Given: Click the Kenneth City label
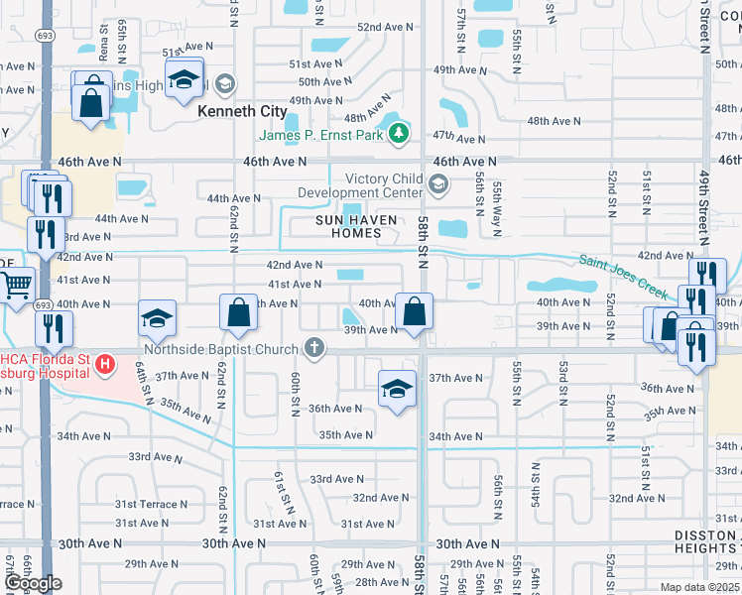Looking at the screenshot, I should (x=242, y=111).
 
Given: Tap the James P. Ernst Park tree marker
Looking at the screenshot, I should (x=399, y=133).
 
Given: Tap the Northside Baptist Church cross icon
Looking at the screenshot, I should (x=313, y=347).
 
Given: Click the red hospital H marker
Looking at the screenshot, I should (x=105, y=364).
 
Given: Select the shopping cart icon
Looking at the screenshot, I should (x=18, y=286).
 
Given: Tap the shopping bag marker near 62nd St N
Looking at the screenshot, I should (x=239, y=313).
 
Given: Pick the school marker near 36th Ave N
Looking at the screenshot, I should (x=397, y=389).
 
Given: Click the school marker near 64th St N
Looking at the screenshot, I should (x=158, y=318).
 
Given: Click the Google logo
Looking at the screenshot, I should (x=32, y=583).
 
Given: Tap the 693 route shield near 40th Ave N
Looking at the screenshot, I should (x=45, y=305).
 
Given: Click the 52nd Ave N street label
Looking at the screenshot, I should (x=384, y=28).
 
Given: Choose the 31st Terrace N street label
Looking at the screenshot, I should (x=14, y=504).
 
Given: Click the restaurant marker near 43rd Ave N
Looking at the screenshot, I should (x=45, y=234).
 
